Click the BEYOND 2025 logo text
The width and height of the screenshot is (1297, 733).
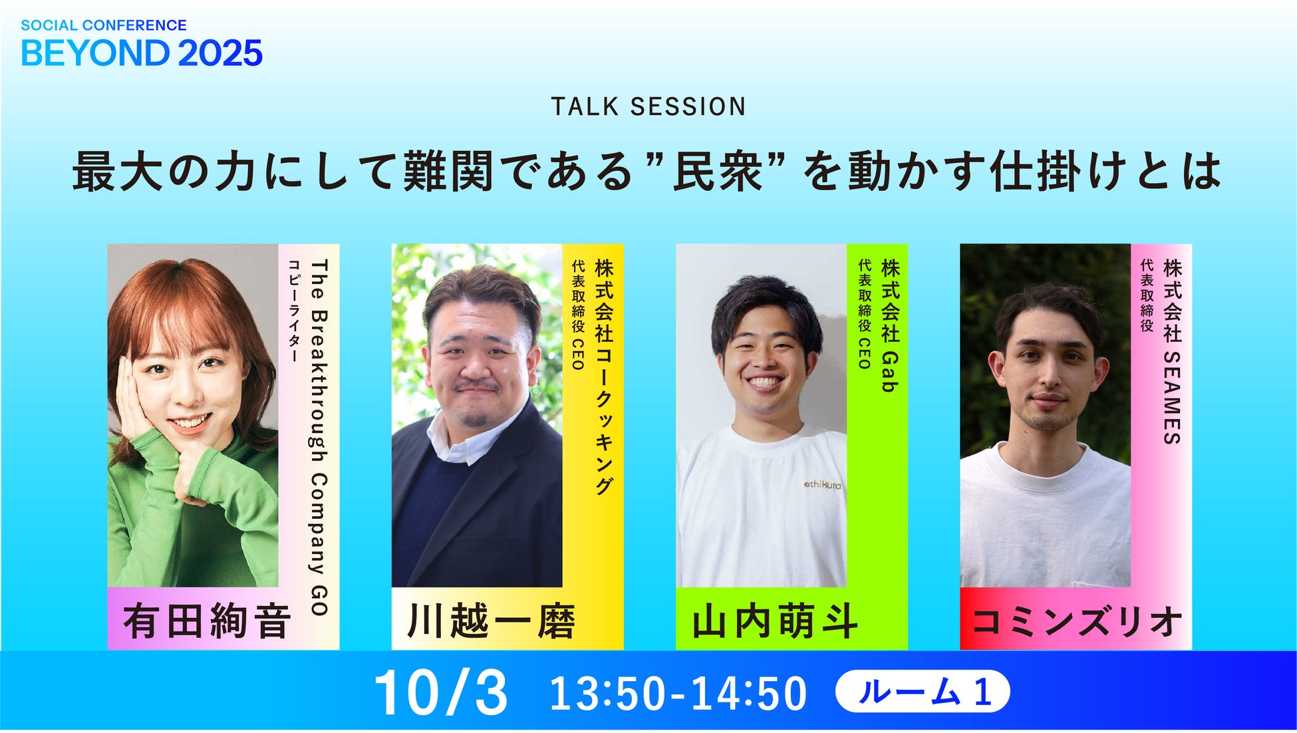coord(142,53)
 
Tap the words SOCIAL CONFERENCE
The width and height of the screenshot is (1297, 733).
coord(104,25)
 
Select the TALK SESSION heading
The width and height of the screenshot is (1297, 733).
coord(648,106)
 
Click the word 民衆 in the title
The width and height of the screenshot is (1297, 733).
coord(718,172)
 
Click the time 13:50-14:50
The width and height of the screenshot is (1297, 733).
coord(678,693)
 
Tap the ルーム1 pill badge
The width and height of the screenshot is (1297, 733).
coord(923,692)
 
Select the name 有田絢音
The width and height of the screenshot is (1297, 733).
coord(208,621)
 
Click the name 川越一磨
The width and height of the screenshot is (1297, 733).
coord(492,621)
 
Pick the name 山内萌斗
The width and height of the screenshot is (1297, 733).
coord(775,621)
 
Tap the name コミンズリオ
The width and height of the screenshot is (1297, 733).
coord(1077,621)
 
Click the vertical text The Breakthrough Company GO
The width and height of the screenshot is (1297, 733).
coord(319,438)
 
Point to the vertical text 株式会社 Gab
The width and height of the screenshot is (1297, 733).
coord(890,325)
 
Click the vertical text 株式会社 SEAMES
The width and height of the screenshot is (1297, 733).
coord(1172,351)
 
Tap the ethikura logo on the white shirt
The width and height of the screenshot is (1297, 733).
coord(822,485)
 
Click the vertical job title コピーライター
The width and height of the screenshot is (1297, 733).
coord(293,311)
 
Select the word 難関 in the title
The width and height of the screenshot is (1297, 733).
coord(448,172)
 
